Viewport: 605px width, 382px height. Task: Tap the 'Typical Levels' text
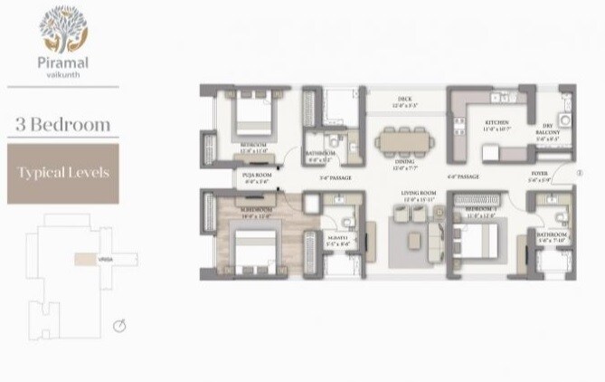[61, 171]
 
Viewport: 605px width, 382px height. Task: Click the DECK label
[405, 100]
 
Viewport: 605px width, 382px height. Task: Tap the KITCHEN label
[496, 122]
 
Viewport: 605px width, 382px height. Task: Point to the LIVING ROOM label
[420, 194]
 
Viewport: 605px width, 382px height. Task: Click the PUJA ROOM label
[258, 177]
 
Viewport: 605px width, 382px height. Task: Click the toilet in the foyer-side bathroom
[561, 218]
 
